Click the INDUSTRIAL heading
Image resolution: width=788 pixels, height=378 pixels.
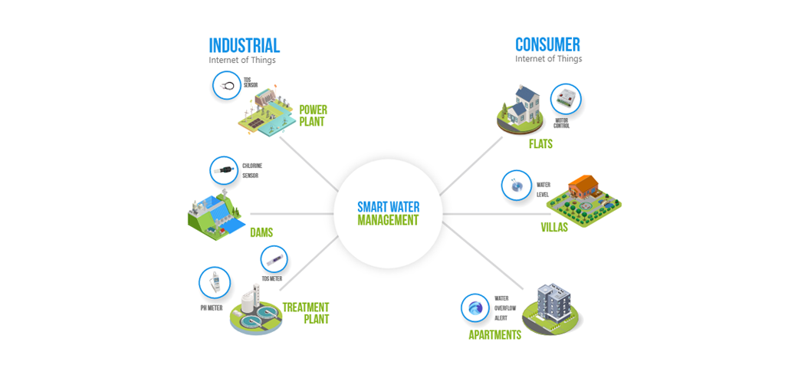[x=245, y=45]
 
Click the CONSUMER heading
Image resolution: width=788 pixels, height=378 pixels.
[x=547, y=44]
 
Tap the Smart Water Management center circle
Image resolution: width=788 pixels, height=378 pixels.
[x=388, y=213]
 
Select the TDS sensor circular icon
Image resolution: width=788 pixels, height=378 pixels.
[x=227, y=85]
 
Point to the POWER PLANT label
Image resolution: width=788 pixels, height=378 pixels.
[x=313, y=116]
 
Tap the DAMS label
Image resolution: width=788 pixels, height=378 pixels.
[x=261, y=232]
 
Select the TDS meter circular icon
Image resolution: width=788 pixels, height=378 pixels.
[x=274, y=260]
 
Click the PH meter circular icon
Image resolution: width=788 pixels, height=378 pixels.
[x=214, y=283]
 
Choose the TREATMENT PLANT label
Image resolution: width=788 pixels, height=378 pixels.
[x=305, y=313]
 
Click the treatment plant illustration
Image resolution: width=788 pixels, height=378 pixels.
[x=255, y=311]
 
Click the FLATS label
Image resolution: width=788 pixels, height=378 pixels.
[x=540, y=143]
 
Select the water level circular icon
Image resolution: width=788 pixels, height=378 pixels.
[x=516, y=185]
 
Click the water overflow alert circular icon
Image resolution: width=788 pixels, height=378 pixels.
[x=475, y=308]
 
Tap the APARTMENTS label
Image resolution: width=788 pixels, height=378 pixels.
[x=495, y=335]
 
